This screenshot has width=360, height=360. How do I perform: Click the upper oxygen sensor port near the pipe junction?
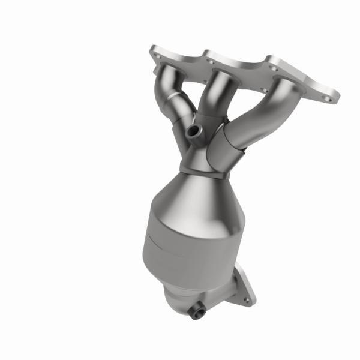coord(193,130)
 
